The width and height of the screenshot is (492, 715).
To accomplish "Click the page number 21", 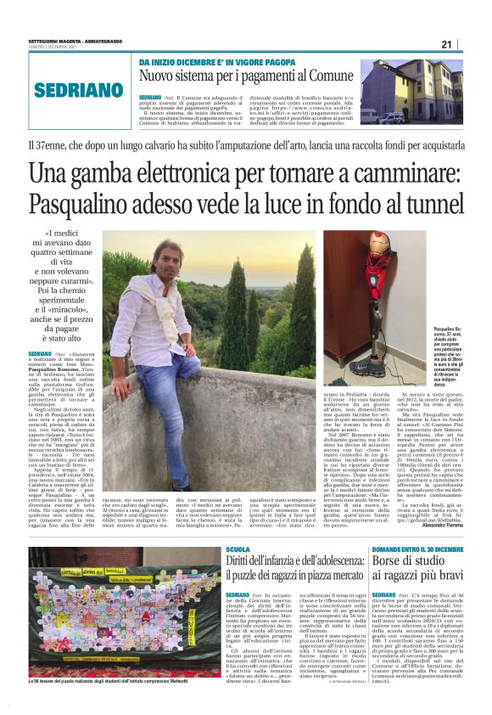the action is tap(446, 43).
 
